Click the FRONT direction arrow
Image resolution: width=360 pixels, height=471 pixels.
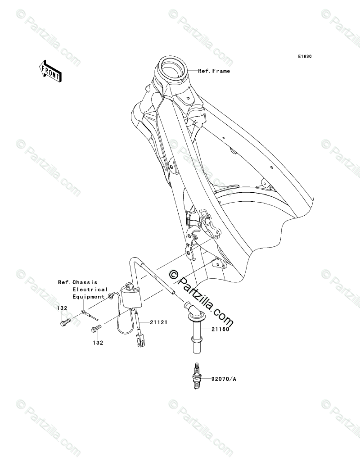pos(49,71)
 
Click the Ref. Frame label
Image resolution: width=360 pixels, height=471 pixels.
pos(214,71)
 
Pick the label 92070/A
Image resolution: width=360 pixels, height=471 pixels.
pos(224,379)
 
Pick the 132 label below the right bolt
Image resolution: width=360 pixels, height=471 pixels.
pos(99,342)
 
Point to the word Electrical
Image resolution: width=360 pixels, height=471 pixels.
pos(90,290)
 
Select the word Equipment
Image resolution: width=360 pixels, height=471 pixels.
pos(89,297)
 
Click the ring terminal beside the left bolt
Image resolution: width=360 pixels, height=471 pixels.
pos(84,312)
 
